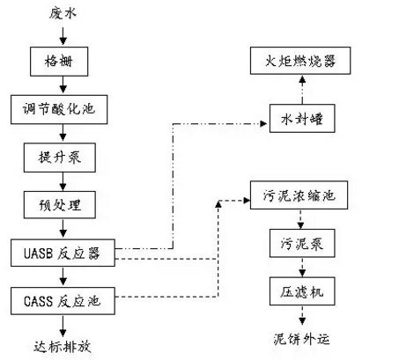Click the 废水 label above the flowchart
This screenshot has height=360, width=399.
(63, 13)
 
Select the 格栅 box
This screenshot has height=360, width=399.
(59, 62)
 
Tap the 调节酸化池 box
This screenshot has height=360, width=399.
(59, 109)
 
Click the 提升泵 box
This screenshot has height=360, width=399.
(60, 158)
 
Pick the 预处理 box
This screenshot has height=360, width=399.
(60, 205)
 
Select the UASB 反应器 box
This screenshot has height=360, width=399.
(63, 253)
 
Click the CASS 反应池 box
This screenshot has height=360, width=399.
(63, 301)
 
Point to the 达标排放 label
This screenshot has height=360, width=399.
(63, 347)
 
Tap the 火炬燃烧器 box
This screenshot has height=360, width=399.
(300, 61)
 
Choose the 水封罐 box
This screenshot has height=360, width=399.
(302, 118)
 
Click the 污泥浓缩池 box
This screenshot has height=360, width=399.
(299, 195)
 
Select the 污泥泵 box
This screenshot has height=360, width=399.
(302, 244)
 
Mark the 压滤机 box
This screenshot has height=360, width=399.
(302, 291)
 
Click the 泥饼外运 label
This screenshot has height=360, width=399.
(301, 340)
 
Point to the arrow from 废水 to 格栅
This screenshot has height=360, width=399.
(63, 37)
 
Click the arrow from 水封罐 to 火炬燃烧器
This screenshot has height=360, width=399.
(302, 89)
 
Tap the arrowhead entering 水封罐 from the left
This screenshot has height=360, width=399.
(263, 123)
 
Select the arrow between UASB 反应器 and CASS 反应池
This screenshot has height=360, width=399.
(63, 277)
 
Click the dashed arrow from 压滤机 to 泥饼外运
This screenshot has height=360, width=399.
(302, 315)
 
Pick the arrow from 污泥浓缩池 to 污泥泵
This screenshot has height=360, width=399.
(300, 219)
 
